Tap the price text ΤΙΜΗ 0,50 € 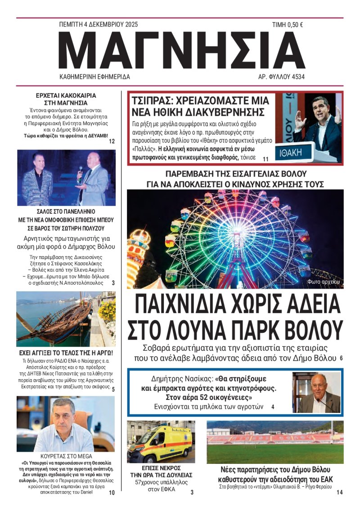pyautogui.click(x=287, y=25)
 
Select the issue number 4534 pyautogui.click(x=295, y=77)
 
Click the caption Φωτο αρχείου pyautogui.click(x=323, y=282)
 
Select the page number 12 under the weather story pyautogui.click(x=112, y=141)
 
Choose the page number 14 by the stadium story pyautogui.click(x=339, y=493)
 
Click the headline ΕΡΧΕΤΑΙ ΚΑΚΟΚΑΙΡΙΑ pyautogui.click(x=66, y=95)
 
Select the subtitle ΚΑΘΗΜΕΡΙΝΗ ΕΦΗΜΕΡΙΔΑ pyautogui.click(x=95, y=77)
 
